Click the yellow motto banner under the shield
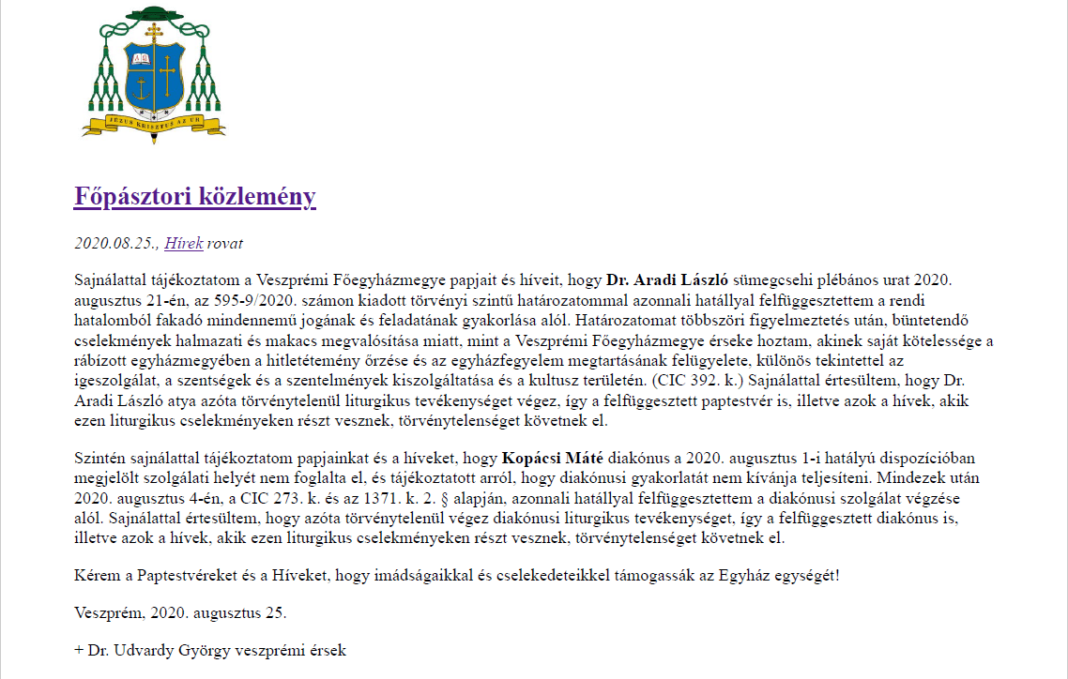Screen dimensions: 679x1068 click(x=151, y=123)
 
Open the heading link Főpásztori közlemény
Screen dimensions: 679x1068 click(x=194, y=197)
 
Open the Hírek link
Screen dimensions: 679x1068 click(x=184, y=244)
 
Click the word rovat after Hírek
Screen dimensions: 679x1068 click(x=225, y=244)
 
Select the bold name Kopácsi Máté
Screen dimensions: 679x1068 click(x=554, y=459)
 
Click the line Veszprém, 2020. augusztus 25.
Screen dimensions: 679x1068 click(x=180, y=613)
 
